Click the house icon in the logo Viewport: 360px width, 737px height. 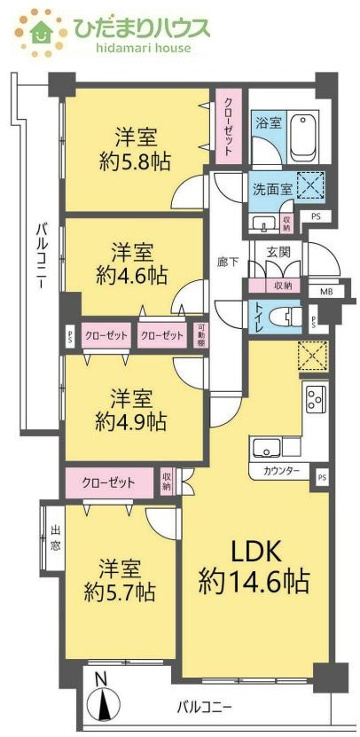40,33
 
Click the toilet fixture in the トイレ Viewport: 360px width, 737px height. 283,315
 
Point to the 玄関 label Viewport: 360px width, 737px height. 278,252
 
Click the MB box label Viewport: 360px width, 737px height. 325,290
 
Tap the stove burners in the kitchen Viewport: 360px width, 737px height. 317,397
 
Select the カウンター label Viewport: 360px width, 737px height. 280,470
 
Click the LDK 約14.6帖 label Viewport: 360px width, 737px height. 257,568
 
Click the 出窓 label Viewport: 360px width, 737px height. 56,539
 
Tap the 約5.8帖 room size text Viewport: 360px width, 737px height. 135,161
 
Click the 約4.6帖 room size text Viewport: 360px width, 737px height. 131,275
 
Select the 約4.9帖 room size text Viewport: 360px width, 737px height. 131,419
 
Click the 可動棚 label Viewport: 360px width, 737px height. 201,336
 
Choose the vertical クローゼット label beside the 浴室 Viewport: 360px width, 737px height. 228,126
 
